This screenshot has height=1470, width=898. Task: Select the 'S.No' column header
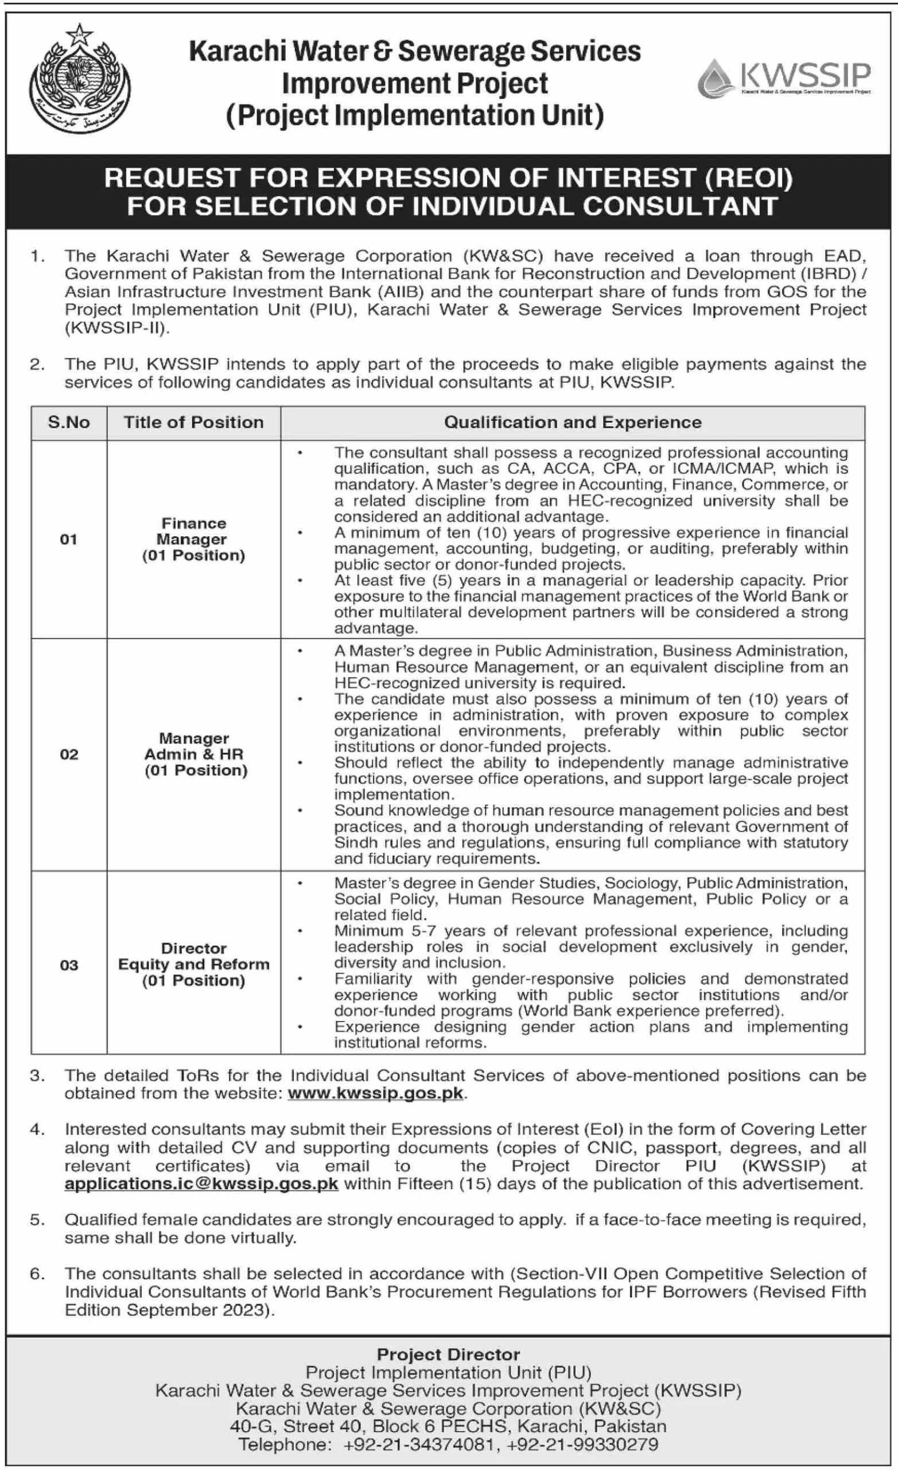click(69, 423)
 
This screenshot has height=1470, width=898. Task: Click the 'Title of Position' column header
click(193, 423)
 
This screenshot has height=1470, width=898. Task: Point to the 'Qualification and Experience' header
click(573, 423)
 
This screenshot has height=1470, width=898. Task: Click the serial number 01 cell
click(69, 539)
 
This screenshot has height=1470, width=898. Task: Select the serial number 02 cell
click(69, 754)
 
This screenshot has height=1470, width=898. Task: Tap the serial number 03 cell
click(69, 965)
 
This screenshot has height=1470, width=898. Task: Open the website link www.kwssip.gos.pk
click(375, 1093)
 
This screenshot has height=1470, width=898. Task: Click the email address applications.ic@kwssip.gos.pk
click(201, 1183)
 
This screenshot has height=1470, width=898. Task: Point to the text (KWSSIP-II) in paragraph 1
click(117, 327)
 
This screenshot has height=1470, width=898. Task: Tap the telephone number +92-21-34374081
click(419, 1444)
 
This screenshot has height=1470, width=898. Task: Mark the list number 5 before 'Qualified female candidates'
click(37, 1220)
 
